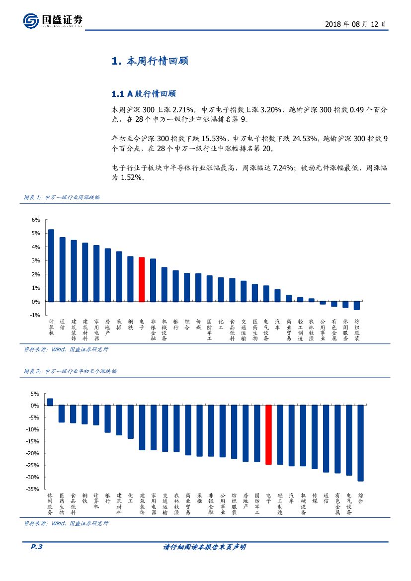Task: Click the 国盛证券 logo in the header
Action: (x=53, y=20)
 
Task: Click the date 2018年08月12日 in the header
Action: (x=355, y=23)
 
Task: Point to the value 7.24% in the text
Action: (x=282, y=168)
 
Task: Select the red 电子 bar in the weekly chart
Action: (x=141, y=279)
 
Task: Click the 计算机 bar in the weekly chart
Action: (x=51, y=265)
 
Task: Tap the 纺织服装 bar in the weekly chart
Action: (x=357, y=305)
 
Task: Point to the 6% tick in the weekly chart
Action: (x=36, y=220)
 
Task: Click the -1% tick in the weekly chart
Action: (x=35, y=315)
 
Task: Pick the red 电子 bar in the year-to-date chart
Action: (x=268, y=434)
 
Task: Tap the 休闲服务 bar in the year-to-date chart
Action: (x=50, y=402)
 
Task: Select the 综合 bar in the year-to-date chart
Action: (x=360, y=443)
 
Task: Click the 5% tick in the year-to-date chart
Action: (x=35, y=394)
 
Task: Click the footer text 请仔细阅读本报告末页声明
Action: (x=205, y=547)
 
